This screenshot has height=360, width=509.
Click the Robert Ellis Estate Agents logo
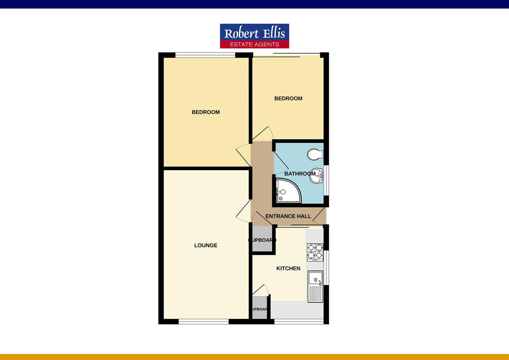tap(254, 35)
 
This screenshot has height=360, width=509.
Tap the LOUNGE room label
tap(206, 245)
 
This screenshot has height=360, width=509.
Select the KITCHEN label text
tap(288, 268)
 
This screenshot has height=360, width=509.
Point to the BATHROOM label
tap(299, 174)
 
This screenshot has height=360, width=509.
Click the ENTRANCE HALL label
tap(288, 216)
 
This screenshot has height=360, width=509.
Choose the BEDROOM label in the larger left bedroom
tap(206, 112)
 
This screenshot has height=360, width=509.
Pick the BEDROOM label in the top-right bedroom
tap(288, 98)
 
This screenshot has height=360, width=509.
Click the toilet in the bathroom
tap(315, 154)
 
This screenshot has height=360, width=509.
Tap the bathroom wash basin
tap(316, 176)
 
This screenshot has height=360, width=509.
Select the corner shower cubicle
tap(287, 191)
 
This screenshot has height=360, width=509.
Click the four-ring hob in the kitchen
tap(315, 252)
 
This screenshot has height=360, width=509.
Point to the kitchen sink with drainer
tap(315, 286)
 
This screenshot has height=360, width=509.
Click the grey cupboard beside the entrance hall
tap(262, 239)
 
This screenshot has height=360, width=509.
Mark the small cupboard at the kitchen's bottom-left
tap(259, 308)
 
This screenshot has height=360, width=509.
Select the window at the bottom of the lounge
tap(204, 321)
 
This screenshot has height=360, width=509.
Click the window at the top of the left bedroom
tap(205, 55)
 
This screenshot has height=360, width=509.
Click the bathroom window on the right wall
tap(326, 180)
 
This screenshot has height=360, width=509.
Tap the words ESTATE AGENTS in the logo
tap(254, 44)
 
